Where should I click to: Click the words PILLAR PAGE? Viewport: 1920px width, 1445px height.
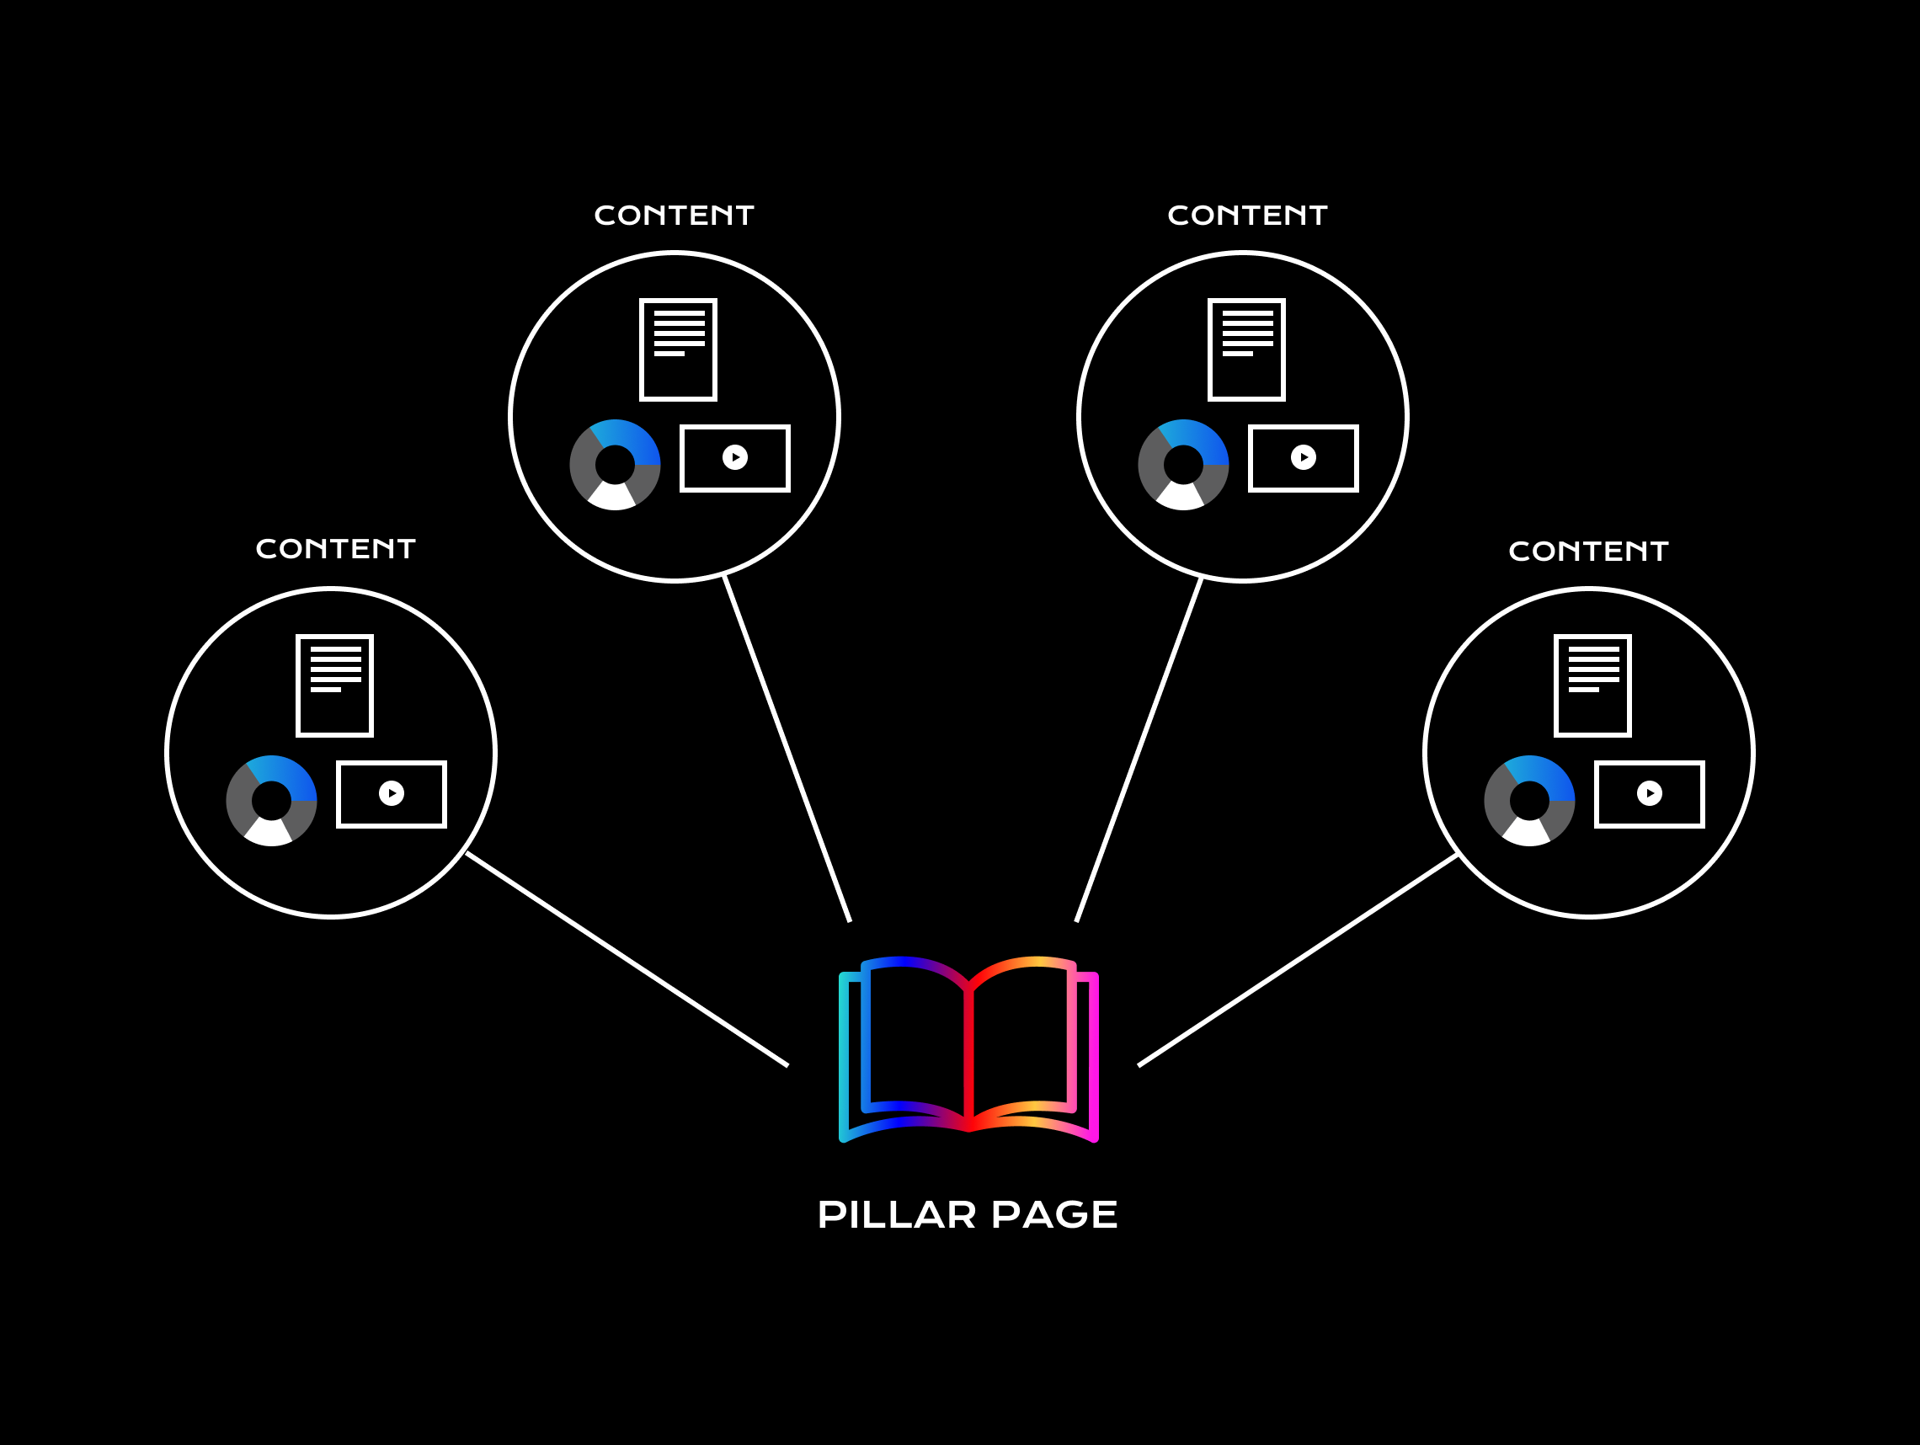[967, 1214]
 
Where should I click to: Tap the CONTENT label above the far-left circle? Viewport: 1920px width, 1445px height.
[336, 548]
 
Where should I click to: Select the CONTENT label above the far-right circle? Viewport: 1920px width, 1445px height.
[1588, 551]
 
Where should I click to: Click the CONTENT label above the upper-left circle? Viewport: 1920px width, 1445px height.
[674, 216]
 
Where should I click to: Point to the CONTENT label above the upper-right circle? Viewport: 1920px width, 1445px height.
[1247, 216]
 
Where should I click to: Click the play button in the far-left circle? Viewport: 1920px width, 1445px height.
[392, 793]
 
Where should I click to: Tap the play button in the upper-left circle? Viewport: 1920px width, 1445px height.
[734, 457]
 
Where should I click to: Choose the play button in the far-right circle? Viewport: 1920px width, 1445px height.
[1649, 793]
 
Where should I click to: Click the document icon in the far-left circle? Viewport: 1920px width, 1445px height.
[335, 685]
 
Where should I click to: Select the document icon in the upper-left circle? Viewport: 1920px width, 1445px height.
[678, 349]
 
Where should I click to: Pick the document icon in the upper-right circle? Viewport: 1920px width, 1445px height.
[1246, 349]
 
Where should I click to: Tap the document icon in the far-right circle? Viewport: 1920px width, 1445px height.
[1592, 685]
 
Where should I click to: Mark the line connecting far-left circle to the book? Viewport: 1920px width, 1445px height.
[627, 959]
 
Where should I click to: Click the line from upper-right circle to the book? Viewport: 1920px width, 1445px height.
[1139, 749]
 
